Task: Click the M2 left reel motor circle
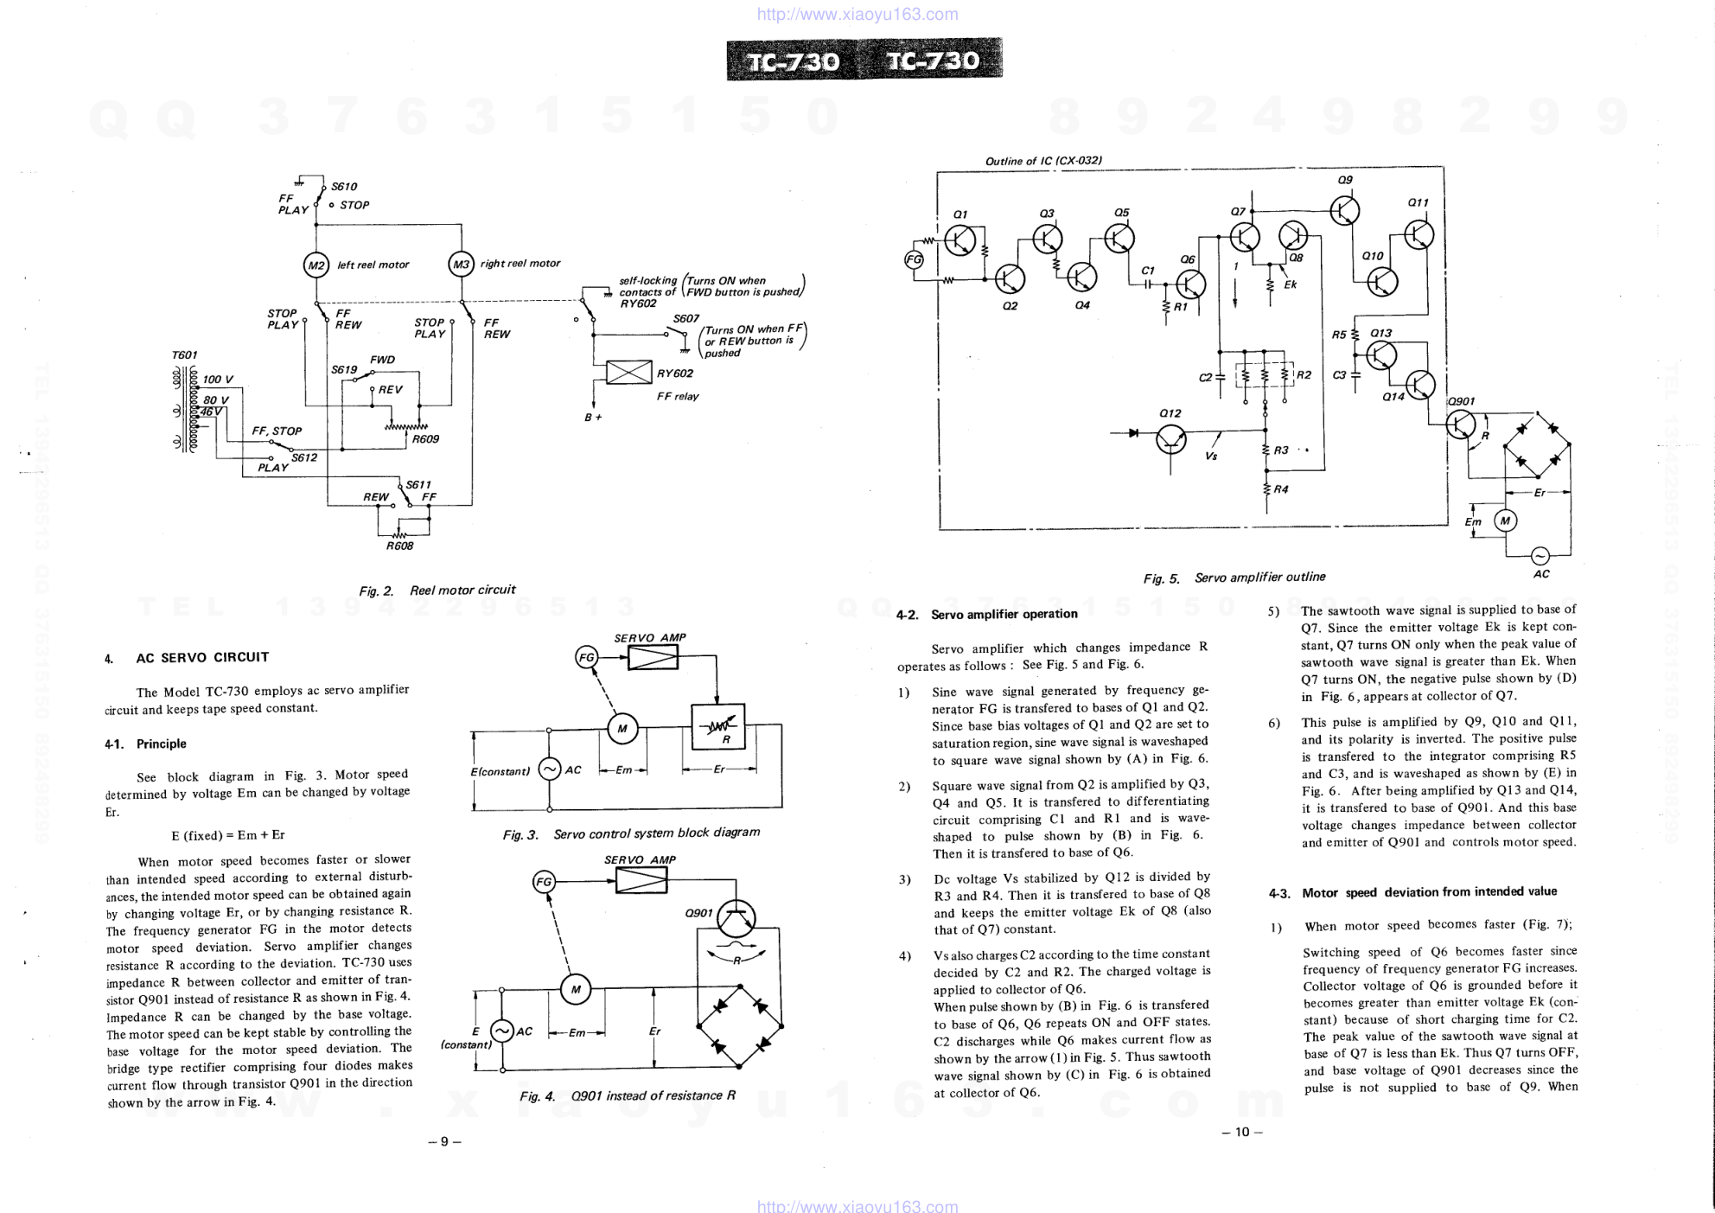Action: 316,265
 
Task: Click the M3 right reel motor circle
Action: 462,264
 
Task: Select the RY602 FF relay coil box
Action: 628,373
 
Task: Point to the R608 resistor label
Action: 399,546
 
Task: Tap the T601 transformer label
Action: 185,355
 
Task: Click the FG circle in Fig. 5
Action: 914,259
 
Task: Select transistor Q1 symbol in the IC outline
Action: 960,240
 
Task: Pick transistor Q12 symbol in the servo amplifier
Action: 1171,439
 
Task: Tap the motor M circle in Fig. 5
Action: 1506,520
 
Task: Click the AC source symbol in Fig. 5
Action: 1540,556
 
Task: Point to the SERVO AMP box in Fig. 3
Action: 653,658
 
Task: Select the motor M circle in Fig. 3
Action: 622,729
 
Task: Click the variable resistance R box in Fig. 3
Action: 717,727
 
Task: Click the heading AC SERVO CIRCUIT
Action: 202,657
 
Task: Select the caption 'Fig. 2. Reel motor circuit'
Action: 437,591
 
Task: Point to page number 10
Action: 1242,1133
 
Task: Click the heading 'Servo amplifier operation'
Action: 1004,615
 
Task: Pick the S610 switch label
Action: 344,187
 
